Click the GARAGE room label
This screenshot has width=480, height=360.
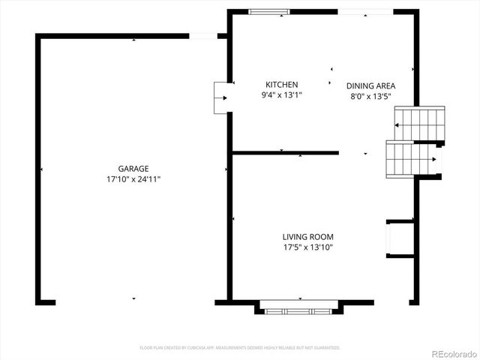click(133, 169)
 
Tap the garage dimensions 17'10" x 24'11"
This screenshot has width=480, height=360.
click(133, 179)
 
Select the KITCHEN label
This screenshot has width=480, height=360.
click(282, 85)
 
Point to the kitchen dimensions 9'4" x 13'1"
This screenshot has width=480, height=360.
click(282, 95)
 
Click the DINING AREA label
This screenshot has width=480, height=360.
click(370, 86)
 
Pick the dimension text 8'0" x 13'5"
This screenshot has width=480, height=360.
click(370, 96)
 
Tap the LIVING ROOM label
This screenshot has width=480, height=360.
click(307, 236)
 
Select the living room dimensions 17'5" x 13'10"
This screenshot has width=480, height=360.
click(307, 247)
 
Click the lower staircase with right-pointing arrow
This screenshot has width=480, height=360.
click(412, 158)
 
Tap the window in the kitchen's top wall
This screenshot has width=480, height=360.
click(269, 12)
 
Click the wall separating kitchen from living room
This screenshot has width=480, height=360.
click(285, 153)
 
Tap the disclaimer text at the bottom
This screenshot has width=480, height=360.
click(240, 348)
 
